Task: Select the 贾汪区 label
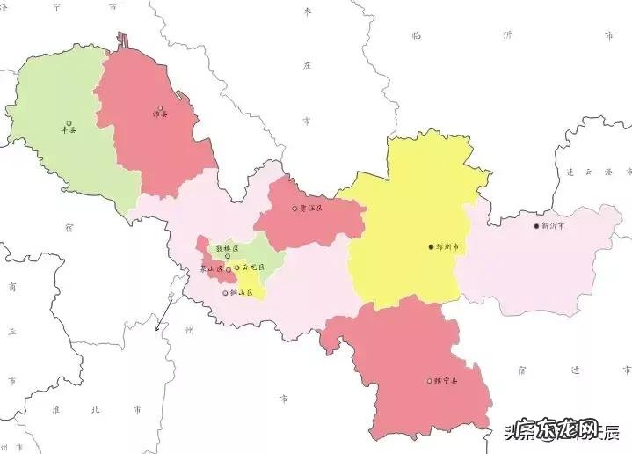(311, 209)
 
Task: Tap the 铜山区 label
(240, 293)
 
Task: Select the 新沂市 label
(554, 226)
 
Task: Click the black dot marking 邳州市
(431, 247)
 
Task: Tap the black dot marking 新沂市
(536, 226)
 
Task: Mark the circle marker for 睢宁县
(430, 381)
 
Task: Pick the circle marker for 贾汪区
(294, 209)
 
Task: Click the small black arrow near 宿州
(159, 327)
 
